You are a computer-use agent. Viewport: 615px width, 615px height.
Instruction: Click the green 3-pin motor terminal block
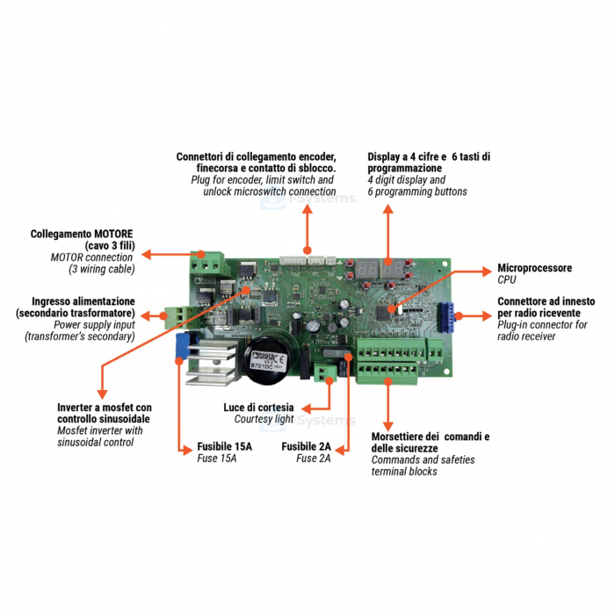(x=207, y=261)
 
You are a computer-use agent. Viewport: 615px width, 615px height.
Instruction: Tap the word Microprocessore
(x=534, y=268)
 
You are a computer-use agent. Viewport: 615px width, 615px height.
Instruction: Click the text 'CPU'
(x=507, y=279)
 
